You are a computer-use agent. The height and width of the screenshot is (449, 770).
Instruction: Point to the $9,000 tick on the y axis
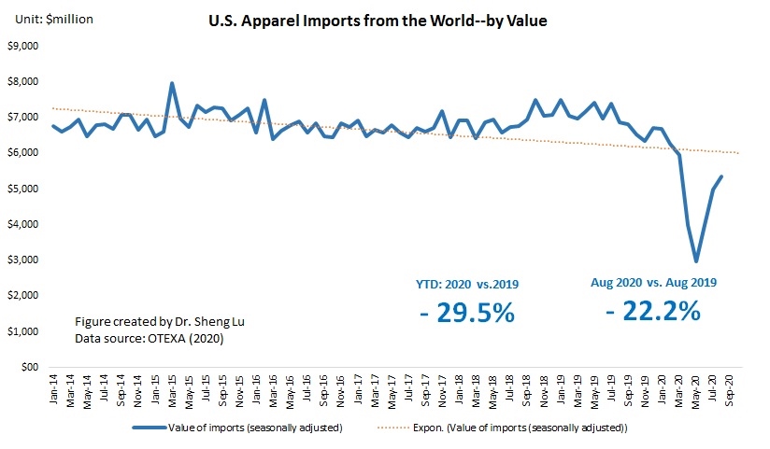24,46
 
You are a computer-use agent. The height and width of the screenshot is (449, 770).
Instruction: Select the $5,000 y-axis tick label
24,189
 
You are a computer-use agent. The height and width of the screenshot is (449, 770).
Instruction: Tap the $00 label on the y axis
32,367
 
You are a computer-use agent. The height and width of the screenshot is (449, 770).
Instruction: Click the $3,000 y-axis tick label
24,260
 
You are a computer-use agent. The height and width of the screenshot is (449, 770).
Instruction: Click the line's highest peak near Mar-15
172,84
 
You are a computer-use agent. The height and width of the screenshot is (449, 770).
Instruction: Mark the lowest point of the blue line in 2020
696,260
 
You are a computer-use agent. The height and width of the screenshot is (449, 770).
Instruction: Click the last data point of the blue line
721,176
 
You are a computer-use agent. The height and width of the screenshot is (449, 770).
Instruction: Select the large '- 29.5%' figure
467,312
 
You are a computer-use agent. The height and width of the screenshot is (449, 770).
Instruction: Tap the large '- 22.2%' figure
651,310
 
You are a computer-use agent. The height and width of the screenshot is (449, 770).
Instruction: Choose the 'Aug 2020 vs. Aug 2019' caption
651,281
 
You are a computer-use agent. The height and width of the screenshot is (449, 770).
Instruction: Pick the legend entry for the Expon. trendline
524,428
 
